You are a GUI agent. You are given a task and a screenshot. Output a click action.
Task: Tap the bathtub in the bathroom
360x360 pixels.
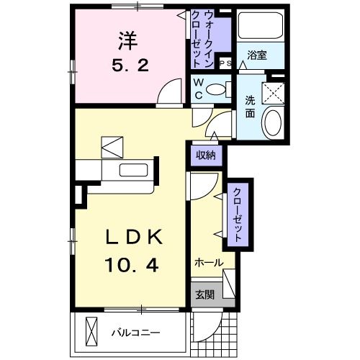(258, 29)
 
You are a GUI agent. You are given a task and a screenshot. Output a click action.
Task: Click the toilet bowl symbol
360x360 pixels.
(215, 89)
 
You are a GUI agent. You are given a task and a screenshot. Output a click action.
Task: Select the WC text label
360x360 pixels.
(197, 89)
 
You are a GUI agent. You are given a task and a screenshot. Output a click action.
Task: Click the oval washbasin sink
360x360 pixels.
(272, 123)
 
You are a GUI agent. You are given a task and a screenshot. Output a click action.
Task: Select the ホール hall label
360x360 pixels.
(208, 263)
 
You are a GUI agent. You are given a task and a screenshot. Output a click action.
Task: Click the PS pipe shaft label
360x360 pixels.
(223, 63)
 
